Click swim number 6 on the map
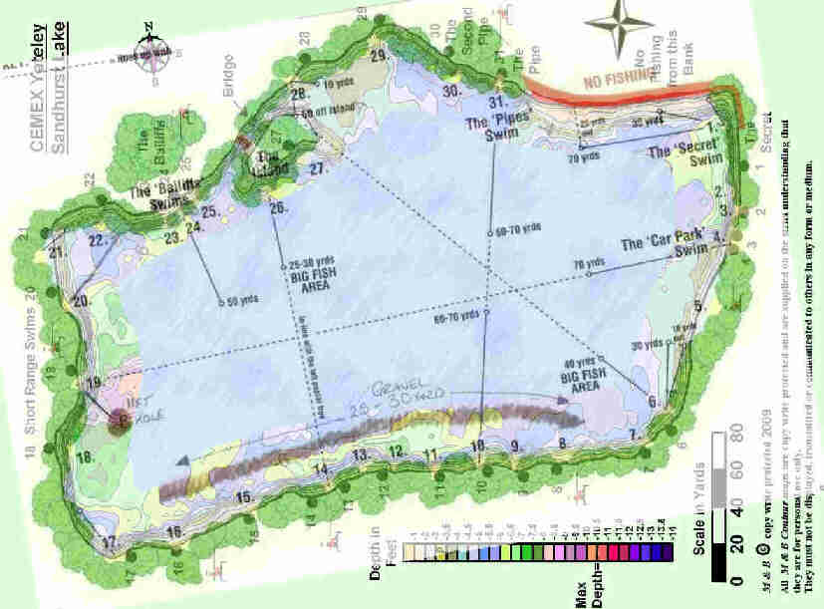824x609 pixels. coord(654,402)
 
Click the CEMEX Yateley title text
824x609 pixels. coord(37,88)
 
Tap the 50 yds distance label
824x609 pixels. coord(242,301)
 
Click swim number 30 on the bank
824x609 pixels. coord(451,91)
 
